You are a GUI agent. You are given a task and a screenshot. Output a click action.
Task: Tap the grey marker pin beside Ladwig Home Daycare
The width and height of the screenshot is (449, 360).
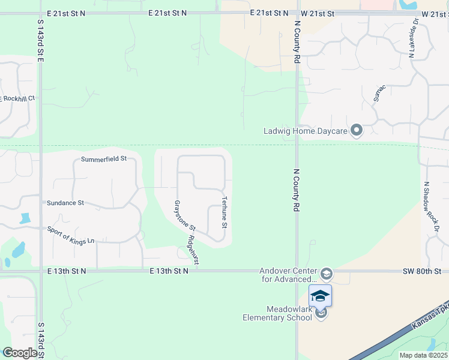click(x=357, y=130)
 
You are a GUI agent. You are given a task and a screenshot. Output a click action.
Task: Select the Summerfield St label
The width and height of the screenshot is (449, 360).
click(x=104, y=159)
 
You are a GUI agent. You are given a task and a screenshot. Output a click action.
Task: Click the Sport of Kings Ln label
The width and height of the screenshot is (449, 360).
click(x=71, y=235)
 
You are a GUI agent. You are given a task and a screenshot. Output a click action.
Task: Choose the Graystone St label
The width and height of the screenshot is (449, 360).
click(x=185, y=215)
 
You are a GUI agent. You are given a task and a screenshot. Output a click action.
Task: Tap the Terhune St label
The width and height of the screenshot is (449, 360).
click(x=224, y=212)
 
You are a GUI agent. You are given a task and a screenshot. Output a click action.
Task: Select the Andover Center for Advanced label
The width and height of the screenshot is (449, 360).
click(x=288, y=274)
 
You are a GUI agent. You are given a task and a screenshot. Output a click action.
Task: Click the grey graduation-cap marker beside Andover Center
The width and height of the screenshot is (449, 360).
click(x=326, y=274)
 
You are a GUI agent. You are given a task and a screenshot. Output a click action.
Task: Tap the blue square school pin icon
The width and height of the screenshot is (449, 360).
click(x=320, y=295)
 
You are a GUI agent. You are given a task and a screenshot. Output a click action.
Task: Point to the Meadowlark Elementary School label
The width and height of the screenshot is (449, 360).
click(x=277, y=313)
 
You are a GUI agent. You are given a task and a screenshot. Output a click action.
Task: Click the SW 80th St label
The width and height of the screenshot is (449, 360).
click(x=426, y=271)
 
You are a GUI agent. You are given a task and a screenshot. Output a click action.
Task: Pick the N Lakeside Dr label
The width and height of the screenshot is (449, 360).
click(x=413, y=38)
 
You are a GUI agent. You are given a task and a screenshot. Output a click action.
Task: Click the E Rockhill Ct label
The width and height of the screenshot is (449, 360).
click(x=18, y=98)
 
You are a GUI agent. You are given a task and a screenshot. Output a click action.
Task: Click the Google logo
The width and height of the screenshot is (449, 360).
click(x=20, y=353)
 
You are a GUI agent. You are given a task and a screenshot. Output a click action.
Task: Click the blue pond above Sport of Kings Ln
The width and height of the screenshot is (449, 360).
click(x=25, y=218)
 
